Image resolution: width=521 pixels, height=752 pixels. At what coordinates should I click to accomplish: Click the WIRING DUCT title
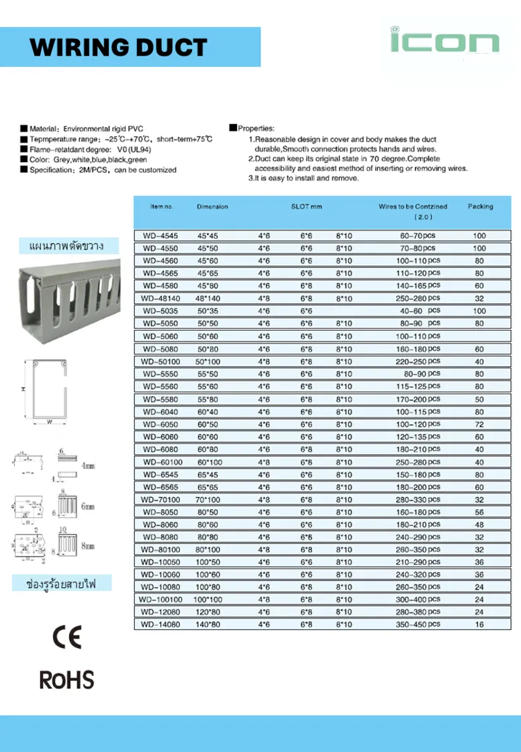click(119, 47)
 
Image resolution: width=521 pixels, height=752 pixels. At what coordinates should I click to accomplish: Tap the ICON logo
click(444, 41)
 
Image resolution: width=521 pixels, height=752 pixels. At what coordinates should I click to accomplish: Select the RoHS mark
click(66, 680)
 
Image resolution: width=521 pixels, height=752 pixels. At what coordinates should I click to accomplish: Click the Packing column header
click(480, 207)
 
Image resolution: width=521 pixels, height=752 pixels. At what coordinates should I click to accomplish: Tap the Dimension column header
click(212, 207)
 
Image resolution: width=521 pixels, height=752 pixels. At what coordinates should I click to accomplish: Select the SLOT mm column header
click(306, 207)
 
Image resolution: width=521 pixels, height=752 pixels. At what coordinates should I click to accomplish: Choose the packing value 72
click(479, 425)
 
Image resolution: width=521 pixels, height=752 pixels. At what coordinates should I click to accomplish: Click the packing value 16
click(479, 624)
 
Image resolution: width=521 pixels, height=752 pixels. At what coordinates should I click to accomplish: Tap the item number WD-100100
click(160, 599)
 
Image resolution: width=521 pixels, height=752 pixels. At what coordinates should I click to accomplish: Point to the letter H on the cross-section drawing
click(22, 390)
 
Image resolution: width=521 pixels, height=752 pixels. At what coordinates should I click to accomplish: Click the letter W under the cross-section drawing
click(50, 422)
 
